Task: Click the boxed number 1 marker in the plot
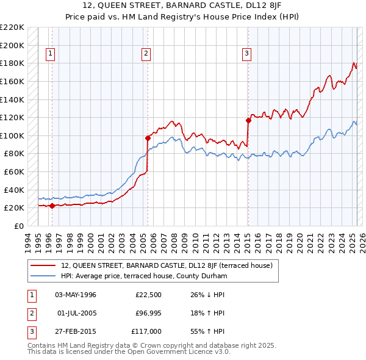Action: point(49,54)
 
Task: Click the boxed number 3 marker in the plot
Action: point(247,54)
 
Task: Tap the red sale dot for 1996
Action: point(52,206)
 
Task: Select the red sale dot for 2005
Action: point(148,138)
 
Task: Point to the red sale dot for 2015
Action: point(248,120)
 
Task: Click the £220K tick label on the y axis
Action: point(12,27)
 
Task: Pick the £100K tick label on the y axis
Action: point(12,135)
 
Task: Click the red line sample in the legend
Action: point(44,265)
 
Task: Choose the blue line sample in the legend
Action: point(44,276)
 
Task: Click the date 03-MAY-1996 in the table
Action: point(76,295)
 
